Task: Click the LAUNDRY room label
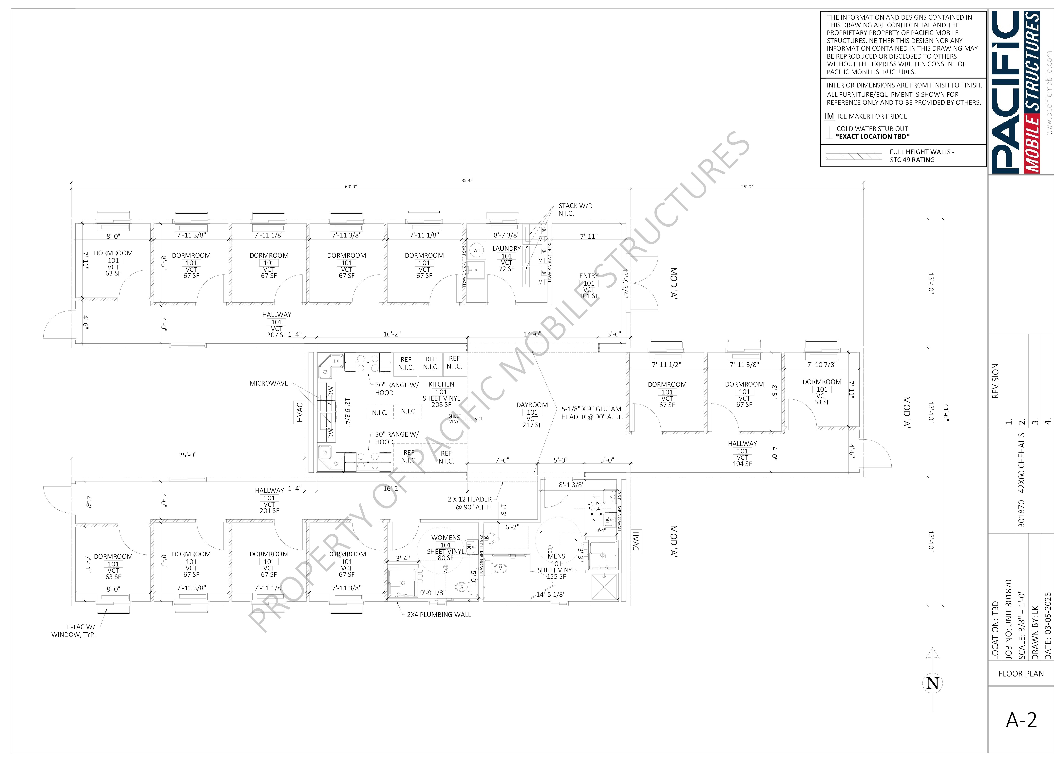pyautogui.click(x=506, y=249)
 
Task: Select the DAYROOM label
pyautogui.click(x=532, y=405)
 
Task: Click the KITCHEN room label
pyautogui.click(x=441, y=384)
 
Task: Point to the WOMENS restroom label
pyautogui.click(x=446, y=538)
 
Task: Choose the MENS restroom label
pyautogui.click(x=556, y=556)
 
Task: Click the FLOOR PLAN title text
pyautogui.click(x=1021, y=674)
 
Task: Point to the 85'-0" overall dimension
pyautogui.click(x=467, y=180)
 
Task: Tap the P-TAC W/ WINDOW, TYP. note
pyautogui.click(x=74, y=631)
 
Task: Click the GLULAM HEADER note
pyautogui.click(x=592, y=413)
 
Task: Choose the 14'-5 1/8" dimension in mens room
pyautogui.click(x=551, y=594)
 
